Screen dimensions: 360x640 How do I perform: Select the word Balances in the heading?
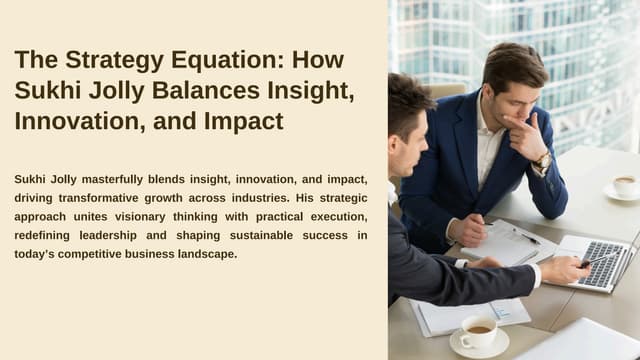(218, 91)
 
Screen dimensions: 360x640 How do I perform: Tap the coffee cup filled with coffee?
(479, 332)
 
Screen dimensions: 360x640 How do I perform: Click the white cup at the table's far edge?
(624, 186)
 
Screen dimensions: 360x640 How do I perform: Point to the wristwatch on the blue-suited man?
(543, 160)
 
